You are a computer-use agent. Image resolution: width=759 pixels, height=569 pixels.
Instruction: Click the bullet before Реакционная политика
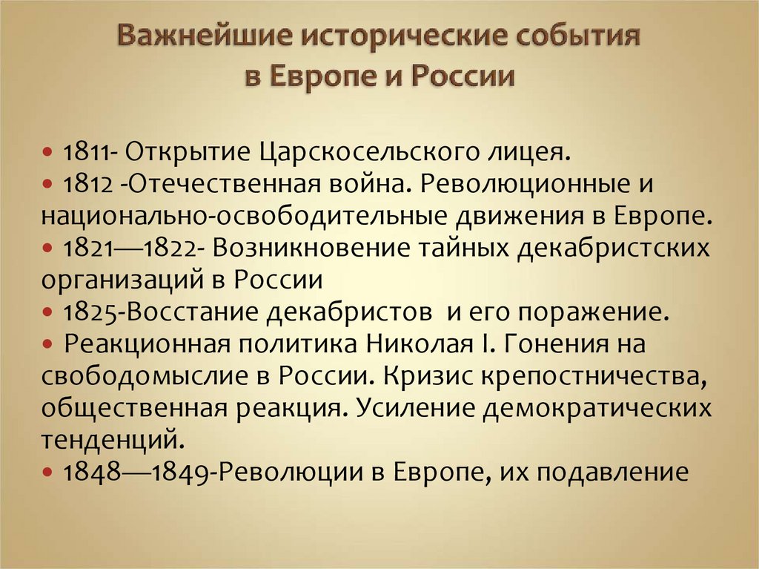(49, 345)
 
